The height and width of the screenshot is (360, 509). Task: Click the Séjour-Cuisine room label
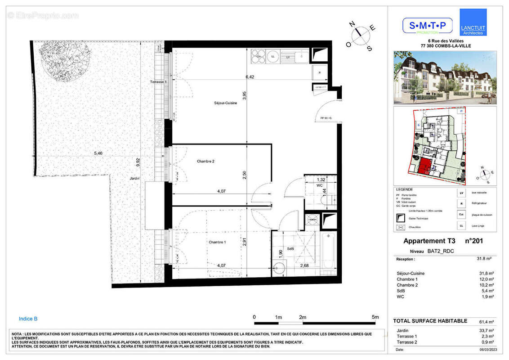(225, 103)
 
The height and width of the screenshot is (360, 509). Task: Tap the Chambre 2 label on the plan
(205, 161)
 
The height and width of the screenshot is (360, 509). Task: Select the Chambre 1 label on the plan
(217, 242)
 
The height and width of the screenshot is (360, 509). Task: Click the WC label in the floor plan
(320, 185)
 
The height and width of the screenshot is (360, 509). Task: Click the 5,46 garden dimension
(98, 153)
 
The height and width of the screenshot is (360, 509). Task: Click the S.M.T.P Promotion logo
(427, 26)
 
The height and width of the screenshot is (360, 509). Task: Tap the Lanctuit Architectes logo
(473, 22)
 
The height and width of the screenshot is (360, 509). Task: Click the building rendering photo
(445, 77)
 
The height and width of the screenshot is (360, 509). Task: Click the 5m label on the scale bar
(375, 317)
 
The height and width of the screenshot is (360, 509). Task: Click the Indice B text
(28, 319)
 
